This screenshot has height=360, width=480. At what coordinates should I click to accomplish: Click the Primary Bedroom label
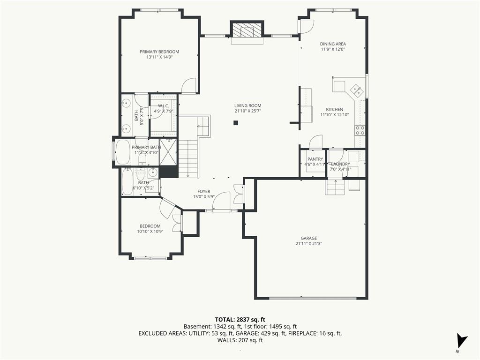pyautogui.click(x=159, y=52)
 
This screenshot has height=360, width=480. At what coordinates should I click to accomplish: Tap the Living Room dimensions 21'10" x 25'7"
pyautogui.click(x=247, y=111)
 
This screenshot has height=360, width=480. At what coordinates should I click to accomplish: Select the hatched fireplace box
pyautogui.click(x=247, y=30)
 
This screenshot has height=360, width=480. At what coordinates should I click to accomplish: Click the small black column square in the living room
pyautogui.click(x=236, y=123)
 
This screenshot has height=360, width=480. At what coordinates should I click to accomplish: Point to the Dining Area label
pyautogui.click(x=333, y=44)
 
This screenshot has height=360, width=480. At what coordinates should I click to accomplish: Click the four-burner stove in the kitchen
pyautogui.click(x=360, y=130)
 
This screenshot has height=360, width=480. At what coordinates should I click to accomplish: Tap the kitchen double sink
pyautogui.click(x=356, y=90)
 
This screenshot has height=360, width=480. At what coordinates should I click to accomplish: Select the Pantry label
pyautogui.click(x=315, y=159)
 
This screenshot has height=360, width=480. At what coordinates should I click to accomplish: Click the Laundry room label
pyautogui.click(x=340, y=164)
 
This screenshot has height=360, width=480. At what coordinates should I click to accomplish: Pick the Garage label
pyautogui.click(x=308, y=238)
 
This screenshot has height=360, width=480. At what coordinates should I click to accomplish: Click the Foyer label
pyautogui.click(x=203, y=192)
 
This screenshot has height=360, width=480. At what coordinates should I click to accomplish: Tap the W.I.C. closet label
pyautogui.click(x=164, y=105)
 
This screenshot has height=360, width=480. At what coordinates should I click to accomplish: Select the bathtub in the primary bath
pyautogui.click(x=123, y=152)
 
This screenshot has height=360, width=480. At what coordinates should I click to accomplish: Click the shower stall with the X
pyautogui.click(x=168, y=152)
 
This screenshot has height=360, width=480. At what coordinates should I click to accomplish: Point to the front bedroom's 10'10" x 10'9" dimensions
pyautogui.click(x=150, y=232)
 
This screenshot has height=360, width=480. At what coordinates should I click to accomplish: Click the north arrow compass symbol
pyautogui.click(x=461, y=342)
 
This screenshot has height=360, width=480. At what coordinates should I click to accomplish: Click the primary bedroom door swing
pyautogui.click(x=188, y=86)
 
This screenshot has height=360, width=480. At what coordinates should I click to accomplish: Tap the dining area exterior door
pyautogui.click(x=306, y=26)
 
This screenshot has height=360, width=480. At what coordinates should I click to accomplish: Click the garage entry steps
pyautogui.click(x=336, y=187)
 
